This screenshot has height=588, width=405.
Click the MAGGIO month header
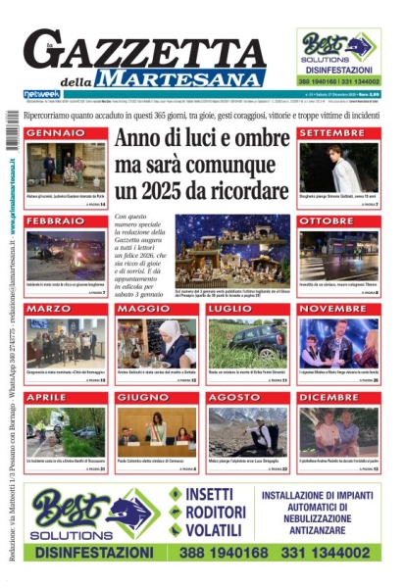pyautogui.click(x=138, y=310)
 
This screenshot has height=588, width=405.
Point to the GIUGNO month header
pyautogui.click(x=139, y=398)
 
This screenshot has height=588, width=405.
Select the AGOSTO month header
pyautogui.click(x=232, y=398)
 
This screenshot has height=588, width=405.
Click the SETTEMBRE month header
pyautogui.click(x=331, y=132)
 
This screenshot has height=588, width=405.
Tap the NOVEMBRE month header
pyautogui.click(x=332, y=310)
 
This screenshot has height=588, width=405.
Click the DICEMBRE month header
pyautogui.click(x=329, y=398)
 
